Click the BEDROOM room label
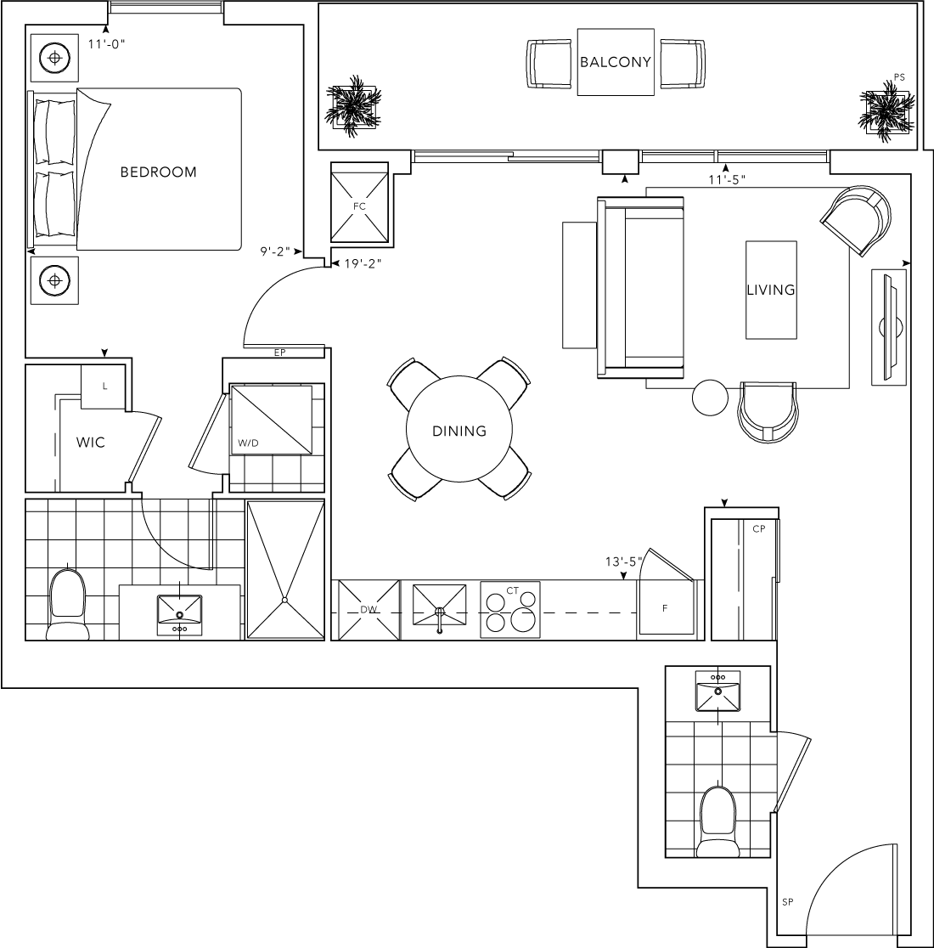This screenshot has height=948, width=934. (x=158, y=172)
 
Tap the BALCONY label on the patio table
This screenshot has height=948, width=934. (x=616, y=62)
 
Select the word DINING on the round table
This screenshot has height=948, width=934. (x=459, y=431)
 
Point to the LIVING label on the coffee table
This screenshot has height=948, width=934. (x=771, y=290)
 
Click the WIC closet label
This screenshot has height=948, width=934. (x=91, y=443)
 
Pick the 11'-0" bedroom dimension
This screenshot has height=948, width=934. (x=106, y=43)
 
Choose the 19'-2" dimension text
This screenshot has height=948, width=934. (x=363, y=263)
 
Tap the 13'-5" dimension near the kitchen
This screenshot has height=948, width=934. (x=624, y=561)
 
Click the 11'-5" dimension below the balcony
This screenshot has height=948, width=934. (x=728, y=179)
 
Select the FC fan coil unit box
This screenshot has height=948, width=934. (x=359, y=202)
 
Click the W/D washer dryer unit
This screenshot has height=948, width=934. (x=271, y=419)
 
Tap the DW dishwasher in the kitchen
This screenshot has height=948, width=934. (x=369, y=609)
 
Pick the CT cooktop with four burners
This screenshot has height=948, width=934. (x=510, y=609)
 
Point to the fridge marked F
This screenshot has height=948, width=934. (x=665, y=607)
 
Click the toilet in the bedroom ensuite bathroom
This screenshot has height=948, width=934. (x=67, y=604)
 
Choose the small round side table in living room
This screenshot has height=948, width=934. (x=710, y=398)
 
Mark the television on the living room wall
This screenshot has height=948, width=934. (x=889, y=328)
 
